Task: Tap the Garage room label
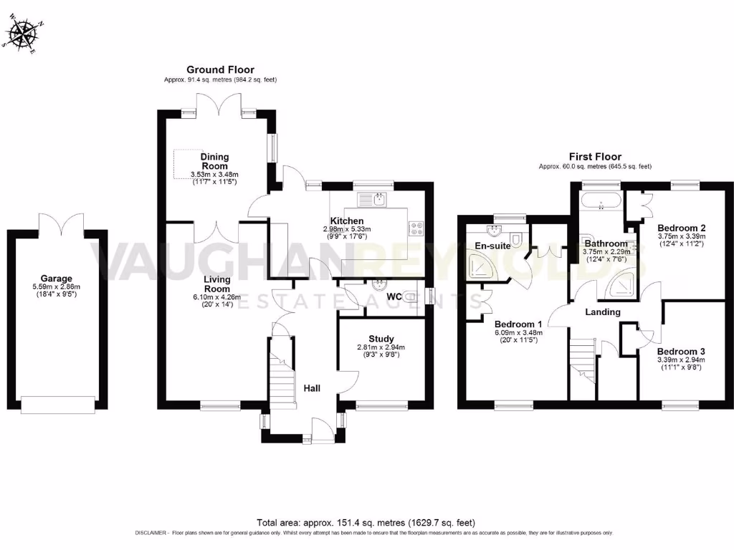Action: click(x=56, y=279)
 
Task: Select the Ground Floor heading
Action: click(x=220, y=69)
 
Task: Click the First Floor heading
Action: click(x=595, y=156)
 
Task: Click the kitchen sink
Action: click(x=373, y=199)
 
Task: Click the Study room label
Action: click(x=381, y=339)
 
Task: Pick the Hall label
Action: click(x=311, y=388)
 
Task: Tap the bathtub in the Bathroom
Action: click(x=601, y=200)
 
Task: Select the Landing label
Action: click(x=603, y=312)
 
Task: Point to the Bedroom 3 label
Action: click(x=681, y=352)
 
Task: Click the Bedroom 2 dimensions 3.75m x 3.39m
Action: click(x=682, y=236)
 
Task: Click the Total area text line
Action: click(x=366, y=523)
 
